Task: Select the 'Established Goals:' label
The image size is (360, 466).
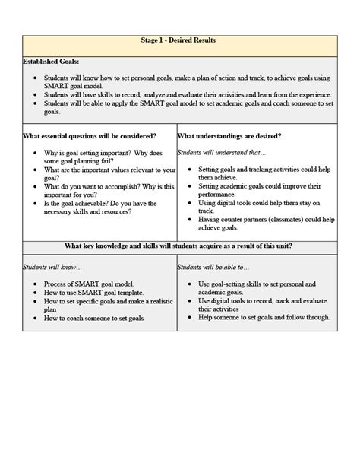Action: click(x=51, y=61)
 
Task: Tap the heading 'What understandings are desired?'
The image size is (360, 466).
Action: click(x=229, y=136)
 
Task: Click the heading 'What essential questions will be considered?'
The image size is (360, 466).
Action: click(x=90, y=136)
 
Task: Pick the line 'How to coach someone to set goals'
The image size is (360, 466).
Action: click(x=97, y=319)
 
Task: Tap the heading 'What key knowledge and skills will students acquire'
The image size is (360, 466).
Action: click(x=179, y=246)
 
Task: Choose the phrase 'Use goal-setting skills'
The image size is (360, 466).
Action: click(x=232, y=284)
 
